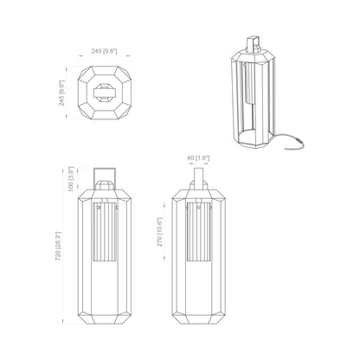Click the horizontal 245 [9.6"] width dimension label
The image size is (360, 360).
point(104,51)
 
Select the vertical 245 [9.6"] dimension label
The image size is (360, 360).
point(62,93)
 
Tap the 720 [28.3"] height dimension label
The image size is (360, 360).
point(58,246)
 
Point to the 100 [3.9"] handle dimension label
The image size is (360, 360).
point(71,179)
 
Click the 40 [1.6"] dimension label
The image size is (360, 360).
point(198,158)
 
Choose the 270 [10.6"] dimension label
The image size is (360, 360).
point(160,232)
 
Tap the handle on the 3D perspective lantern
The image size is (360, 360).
point(253,44)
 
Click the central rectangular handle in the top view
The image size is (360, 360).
point(105,93)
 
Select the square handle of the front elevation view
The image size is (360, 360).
point(105,176)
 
